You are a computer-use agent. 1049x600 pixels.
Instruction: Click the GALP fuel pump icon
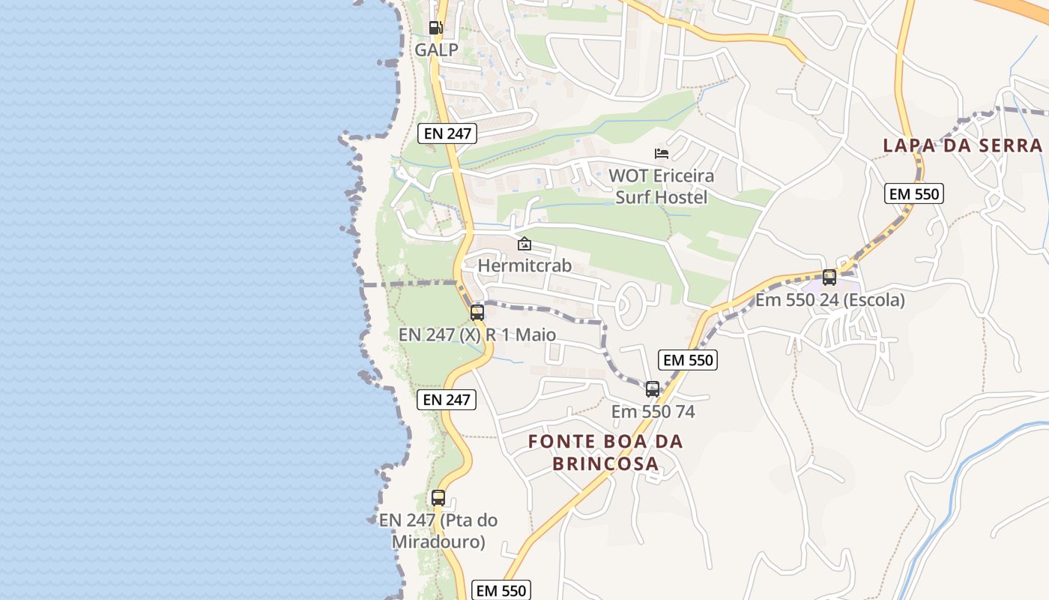435,28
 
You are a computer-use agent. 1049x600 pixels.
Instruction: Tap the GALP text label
437,50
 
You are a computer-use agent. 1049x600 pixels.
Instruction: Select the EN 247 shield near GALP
447,134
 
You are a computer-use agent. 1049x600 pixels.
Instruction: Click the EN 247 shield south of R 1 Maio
447,400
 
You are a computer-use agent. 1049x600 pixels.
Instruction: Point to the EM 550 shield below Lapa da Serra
913,193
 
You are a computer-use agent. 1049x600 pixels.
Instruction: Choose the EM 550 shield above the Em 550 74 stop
689,360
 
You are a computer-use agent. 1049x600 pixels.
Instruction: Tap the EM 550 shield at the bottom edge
502,590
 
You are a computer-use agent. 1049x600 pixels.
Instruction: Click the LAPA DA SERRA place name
962,145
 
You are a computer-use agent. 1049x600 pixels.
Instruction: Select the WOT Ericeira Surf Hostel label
661,187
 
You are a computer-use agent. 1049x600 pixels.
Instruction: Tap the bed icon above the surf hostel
661,154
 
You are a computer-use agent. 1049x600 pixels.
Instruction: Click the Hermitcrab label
524,265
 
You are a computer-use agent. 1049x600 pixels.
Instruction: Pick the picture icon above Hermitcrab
524,244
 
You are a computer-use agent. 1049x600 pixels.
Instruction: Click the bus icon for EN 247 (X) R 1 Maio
477,313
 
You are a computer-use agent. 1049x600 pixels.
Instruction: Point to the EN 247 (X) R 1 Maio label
477,334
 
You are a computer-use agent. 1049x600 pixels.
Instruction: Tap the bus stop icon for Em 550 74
653,389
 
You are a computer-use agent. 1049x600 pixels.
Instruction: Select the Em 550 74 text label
653,412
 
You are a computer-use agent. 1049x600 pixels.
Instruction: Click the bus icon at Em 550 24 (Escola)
829,277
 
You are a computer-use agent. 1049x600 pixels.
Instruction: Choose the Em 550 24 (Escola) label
829,300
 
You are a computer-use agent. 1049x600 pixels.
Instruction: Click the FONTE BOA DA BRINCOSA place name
605,452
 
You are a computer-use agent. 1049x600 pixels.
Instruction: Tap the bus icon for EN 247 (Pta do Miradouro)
438,497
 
